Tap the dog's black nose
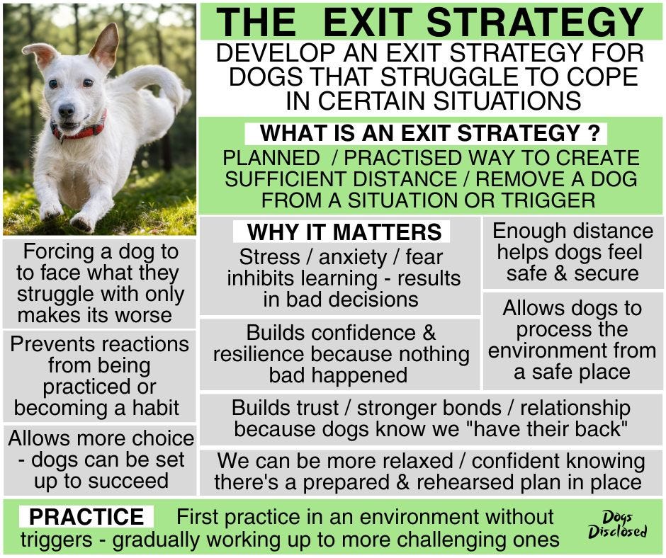67,110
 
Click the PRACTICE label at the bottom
86,516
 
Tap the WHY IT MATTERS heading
344,232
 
